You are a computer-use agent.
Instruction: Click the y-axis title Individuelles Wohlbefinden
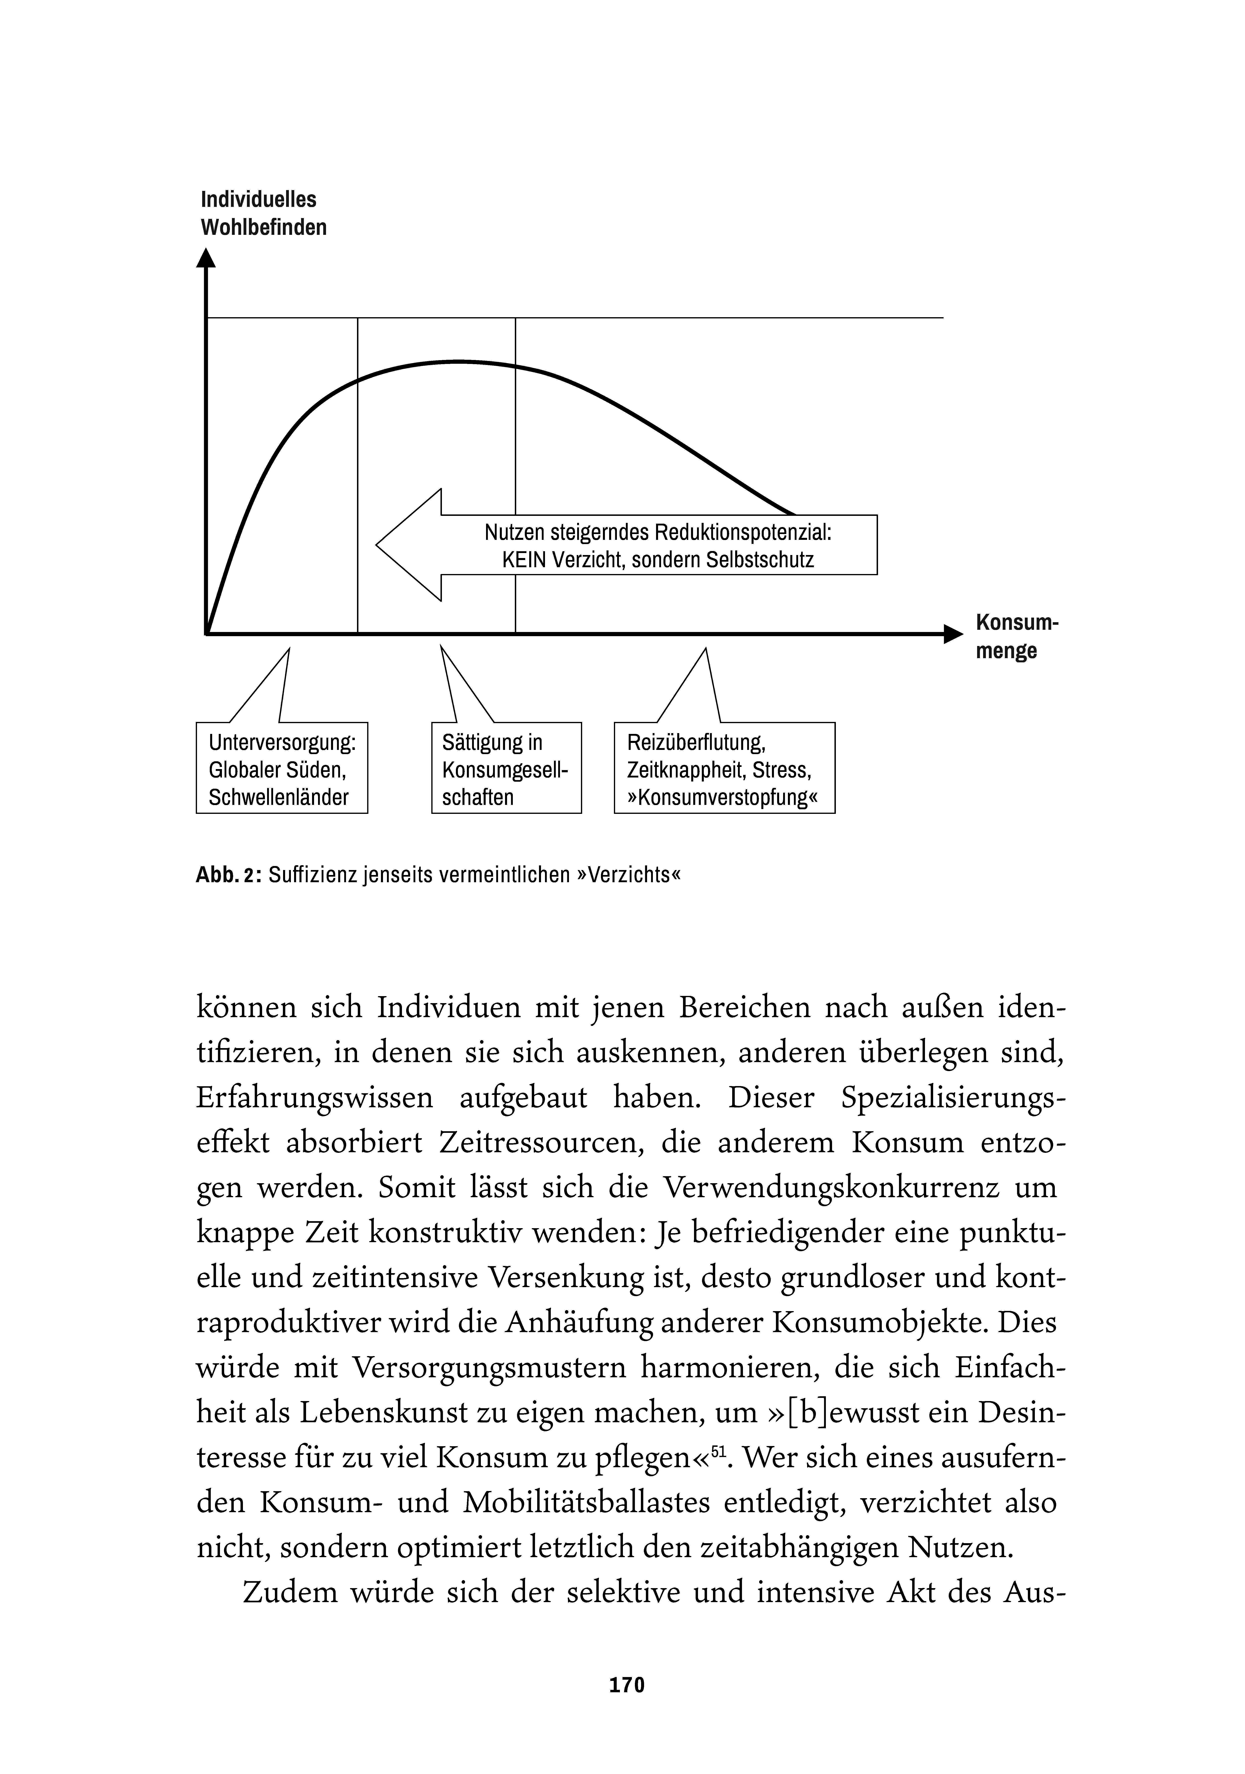coord(263,213)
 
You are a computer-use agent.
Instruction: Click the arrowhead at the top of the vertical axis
coord(206,257)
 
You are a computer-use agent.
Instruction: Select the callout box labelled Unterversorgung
coord(282,768)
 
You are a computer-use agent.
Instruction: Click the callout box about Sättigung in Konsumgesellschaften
coord(506,768)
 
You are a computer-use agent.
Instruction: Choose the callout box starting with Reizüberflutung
coord(724,768)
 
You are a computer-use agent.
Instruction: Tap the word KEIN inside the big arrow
coord(524,560)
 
